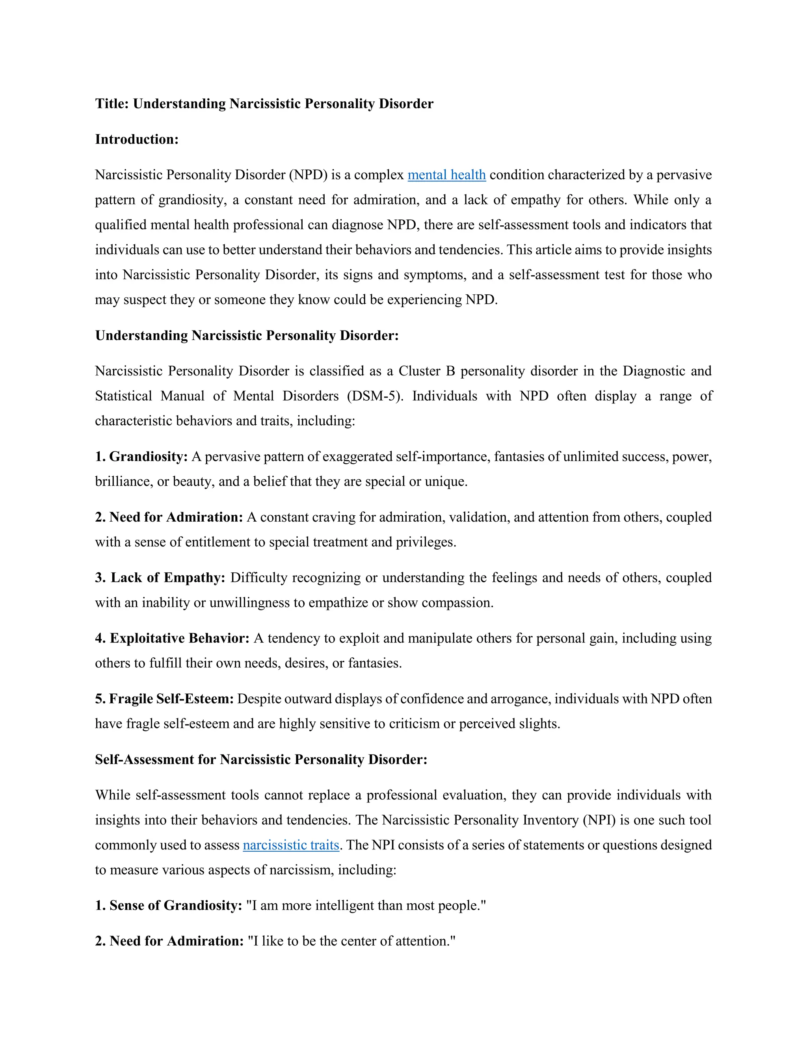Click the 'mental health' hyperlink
(446, 175)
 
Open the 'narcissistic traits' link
(291, 845)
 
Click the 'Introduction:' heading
(137, 139)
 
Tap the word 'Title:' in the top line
(112, 104)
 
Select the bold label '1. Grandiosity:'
(141, 457)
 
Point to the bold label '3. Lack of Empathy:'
(160, 578)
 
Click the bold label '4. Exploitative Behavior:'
(172, 638)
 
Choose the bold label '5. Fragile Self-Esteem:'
(164, 699)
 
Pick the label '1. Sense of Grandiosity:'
(168, 905)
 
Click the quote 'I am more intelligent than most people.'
(366, 905)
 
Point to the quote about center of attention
(351, 941)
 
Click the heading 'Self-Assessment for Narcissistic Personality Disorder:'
(261, 760)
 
